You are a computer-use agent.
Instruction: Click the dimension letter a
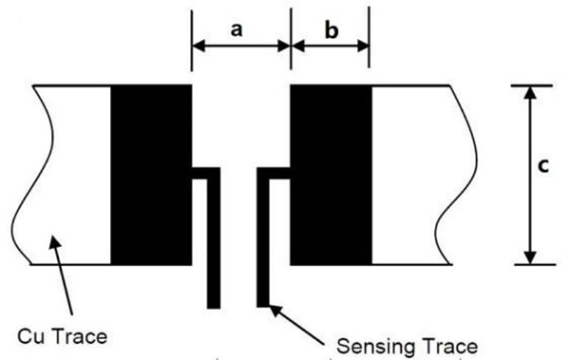(237, 29)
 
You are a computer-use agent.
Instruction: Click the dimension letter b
(332, 30)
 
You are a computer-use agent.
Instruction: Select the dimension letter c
(542, 166)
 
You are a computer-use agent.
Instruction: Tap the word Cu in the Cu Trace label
(31, 336)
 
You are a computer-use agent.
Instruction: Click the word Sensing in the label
(376, 348)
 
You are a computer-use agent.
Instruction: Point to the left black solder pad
(151, 175)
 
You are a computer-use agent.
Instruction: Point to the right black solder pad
(332, 175)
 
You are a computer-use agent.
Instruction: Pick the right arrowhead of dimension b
(363, 47)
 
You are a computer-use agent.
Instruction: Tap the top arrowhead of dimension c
(530, 92)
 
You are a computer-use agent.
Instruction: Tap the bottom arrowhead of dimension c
(530, 257)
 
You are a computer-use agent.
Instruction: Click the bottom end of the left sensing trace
(214, 307)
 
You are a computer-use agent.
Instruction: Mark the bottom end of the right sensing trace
(263, 306)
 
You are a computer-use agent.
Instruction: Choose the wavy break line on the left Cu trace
(32, 175)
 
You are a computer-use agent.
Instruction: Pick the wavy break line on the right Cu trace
(456, 175)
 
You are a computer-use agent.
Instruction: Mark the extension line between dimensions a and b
(291, 39)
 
